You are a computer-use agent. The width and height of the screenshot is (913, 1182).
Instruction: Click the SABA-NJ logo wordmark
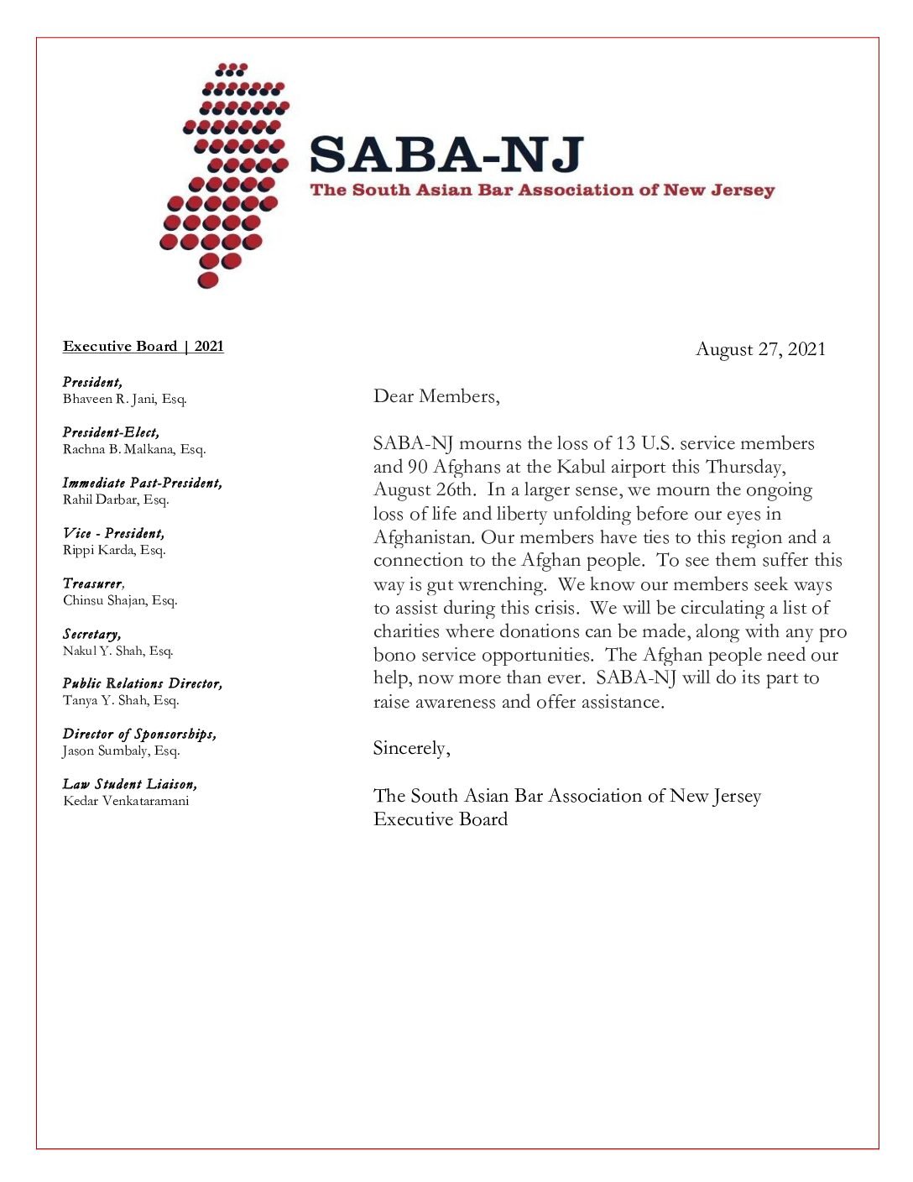pyautogui.click(x=446, y=155)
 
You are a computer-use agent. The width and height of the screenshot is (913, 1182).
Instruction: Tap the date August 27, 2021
pyautogui.click(x=760, y=349)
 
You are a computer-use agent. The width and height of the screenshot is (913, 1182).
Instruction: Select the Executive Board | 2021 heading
pyautogui.click(x=143, y=347)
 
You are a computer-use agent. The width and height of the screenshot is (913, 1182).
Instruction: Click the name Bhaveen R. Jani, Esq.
pyautogui.click(x=124, y=399)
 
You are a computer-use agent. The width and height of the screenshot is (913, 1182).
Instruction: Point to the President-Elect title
pyautogui.click(x=111, y=432)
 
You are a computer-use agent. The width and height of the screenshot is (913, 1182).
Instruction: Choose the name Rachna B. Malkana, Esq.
pyautogui.click(x=133, y=449)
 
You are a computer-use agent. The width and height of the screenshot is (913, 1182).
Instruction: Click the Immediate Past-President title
pyautogui.click(x=142, y=483)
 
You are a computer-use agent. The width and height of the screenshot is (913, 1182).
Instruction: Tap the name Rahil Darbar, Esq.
pyautogui.click(x=116, y=499)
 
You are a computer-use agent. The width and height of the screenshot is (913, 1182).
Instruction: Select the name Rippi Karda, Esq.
pyautogui.click(x=114, y=550)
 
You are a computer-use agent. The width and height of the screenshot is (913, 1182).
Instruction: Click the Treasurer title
pyautogui.click(x=93, y=583)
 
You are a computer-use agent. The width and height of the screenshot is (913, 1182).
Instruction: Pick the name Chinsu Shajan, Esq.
pyautogui.click(x=120, y=600)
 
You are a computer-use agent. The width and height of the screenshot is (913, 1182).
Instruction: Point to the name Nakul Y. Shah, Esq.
pyautogui.click(x=117, y=651)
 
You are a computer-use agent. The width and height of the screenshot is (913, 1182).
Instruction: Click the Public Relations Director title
pyautogui.click(x=142, y=683)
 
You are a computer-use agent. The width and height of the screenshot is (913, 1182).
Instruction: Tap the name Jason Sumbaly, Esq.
pyautogui.click(x=121, y=751)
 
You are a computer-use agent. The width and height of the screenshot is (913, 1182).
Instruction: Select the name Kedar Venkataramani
pyautogui.click(x=126, y=801)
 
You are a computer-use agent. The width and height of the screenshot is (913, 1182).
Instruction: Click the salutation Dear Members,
pyautogui.click(x=436, y=396)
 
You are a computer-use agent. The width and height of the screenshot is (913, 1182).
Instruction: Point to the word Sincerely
pyautogui.click(x=410, y=748)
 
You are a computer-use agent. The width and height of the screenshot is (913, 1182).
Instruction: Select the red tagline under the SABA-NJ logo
pyautogui.click(x=542, y=190)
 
